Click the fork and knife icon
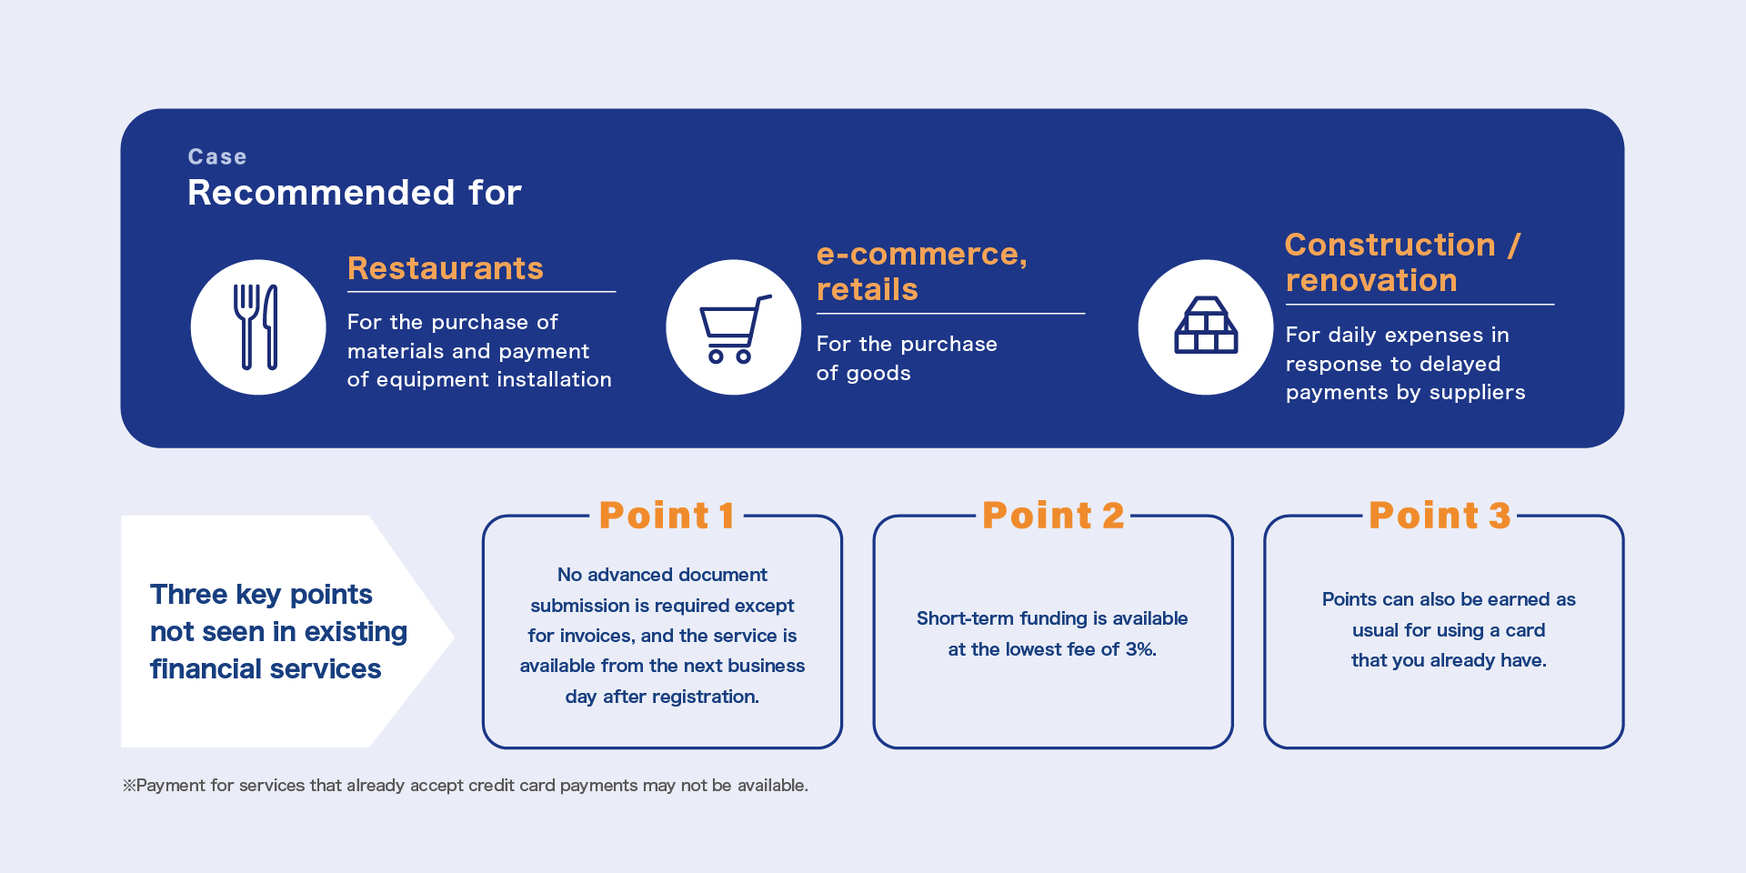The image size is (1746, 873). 256,327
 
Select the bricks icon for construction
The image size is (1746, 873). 1206,326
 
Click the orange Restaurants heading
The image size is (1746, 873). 446,268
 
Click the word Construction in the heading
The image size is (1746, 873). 1390,245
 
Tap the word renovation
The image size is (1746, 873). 1371,280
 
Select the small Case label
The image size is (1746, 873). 217,156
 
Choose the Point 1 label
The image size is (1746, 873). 667,516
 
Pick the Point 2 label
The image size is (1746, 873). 1053,516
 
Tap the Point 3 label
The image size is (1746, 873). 1440,516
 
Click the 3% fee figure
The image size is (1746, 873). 1140,649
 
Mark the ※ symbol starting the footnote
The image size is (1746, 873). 129,786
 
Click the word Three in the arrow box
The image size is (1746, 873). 189,595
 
